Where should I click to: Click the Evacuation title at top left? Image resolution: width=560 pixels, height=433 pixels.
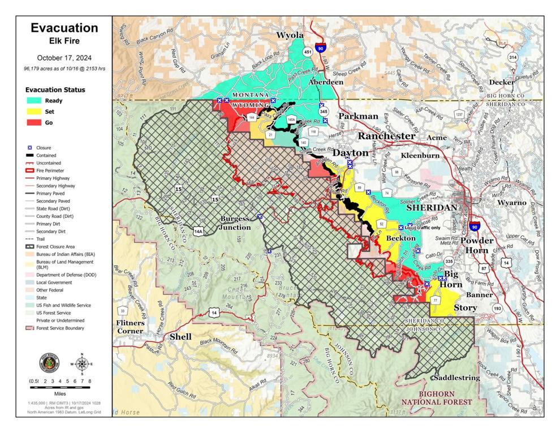pyautogui.click(x=64, y=28)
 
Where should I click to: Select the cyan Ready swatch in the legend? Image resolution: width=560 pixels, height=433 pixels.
pyautogui.click(x=36, y=101)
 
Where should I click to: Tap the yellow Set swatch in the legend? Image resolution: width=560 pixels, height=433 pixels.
pyautogui.click(x=36, y=112)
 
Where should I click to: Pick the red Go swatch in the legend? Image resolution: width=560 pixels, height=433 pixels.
pyautogui.click(x=36, y=122)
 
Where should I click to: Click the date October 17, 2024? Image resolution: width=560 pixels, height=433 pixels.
pyautogui.click(x=64, y=58)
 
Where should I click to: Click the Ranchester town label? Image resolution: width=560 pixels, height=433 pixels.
pyautogui.click(x=386, y=136)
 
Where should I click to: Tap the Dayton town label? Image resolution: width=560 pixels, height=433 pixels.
pyautogui.click(x=350, y=153)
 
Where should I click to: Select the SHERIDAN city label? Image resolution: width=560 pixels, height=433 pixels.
pyautogui.click(x=432, y=208)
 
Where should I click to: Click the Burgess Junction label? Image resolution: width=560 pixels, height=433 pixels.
pyautogui.click(x=235, y=223)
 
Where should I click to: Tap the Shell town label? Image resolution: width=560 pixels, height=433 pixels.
pyautogui.click(x=180, y=337)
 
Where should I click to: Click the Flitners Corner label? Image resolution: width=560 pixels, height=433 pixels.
pyautogui.click(x=130, y=327)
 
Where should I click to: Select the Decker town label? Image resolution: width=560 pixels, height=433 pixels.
pyautogui.click(x=501, y=82)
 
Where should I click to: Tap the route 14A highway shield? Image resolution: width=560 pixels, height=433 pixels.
pyautogui.click(x=198, y=231)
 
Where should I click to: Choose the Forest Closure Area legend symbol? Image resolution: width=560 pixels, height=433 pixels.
pyautogui.click(x=29, y=247)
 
